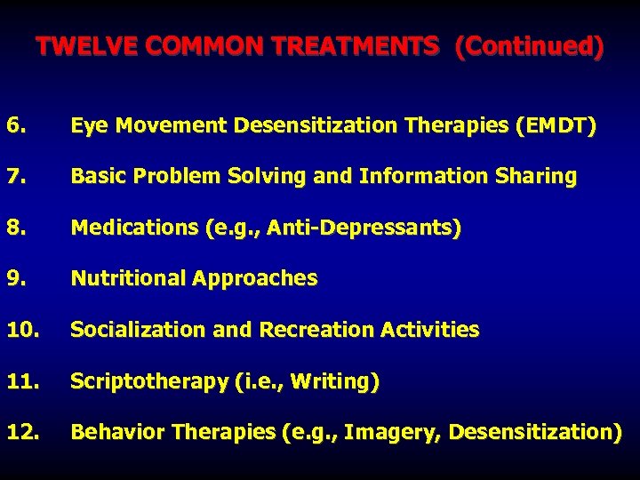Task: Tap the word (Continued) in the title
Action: (528, 46)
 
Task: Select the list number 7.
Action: (14, 177)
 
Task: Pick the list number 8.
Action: (14, 228)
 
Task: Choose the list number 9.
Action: (14, 279)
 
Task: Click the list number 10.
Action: (20, 330)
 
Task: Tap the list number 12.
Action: (20, 433)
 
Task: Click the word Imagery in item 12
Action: (392, 433)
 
